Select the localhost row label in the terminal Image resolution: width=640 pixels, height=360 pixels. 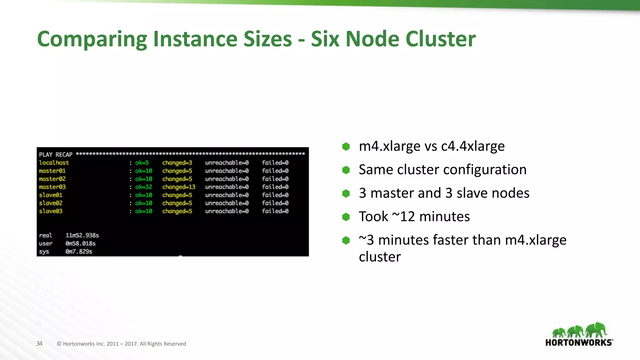[54, 162]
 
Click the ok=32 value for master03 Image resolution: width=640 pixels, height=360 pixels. [143, 187]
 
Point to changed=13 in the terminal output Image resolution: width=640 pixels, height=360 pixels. [178, 187]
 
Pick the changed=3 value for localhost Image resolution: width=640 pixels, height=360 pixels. [177, 162]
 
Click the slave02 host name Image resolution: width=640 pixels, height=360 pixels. [51, 203]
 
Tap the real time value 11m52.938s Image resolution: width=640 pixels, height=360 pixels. [82, 235]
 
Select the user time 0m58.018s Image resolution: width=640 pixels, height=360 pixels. [80, 243]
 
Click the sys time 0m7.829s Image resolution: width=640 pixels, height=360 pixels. [79, 252]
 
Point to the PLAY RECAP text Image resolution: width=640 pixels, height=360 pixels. [56, 154]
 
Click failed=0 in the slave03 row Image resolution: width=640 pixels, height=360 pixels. [275, 211]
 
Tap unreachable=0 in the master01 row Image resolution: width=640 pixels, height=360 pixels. [227, 171]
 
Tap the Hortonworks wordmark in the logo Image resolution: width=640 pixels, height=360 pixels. [579, 342]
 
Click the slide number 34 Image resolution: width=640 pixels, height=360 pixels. [39, 343]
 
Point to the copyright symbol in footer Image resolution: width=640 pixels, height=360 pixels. [59, 344]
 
